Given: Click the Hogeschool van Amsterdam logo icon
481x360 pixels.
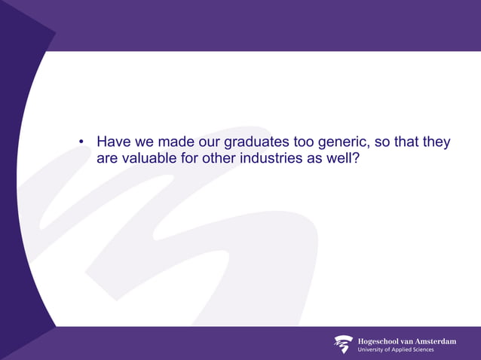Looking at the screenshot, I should tap(343, 344).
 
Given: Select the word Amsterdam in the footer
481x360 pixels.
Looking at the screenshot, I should tap(432, 341).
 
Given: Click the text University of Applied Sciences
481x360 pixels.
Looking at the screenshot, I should tap(395, 350).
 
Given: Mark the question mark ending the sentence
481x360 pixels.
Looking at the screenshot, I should tap(358, 160).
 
